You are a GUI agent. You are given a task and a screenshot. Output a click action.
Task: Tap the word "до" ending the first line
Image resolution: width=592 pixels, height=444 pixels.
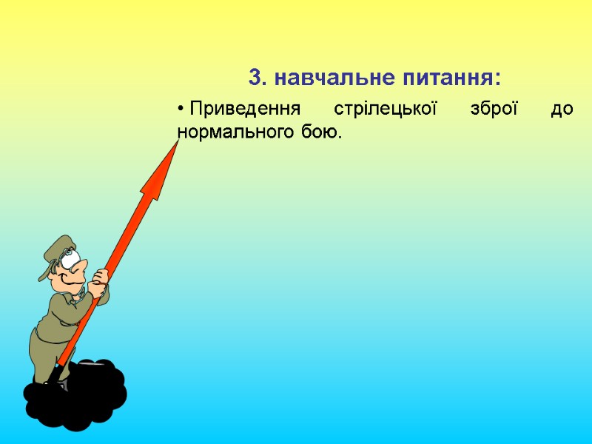pyautogui.click(x=562, y=110)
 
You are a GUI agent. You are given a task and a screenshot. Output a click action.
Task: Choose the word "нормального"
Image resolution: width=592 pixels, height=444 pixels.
pyautogui.click(x=231, y=132)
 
